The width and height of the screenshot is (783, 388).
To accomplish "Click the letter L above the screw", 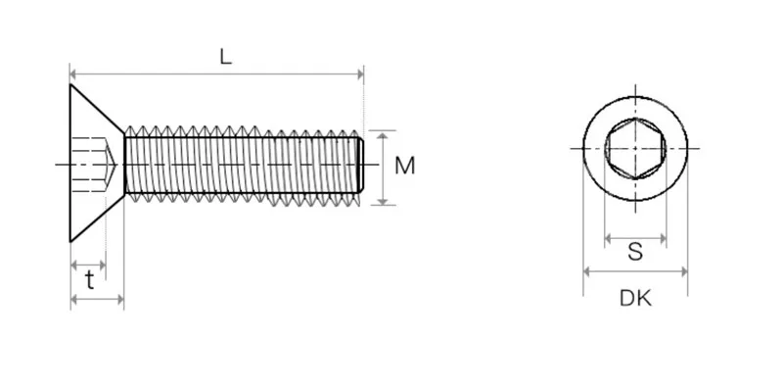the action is (226, 57).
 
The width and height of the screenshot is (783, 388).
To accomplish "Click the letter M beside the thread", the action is (404, 166).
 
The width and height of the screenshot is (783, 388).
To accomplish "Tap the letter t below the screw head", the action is (89, 280).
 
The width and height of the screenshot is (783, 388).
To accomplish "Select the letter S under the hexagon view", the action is (635, 252).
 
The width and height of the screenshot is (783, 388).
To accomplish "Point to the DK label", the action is (635, 299).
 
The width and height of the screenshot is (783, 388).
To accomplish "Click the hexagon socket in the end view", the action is (635, 149).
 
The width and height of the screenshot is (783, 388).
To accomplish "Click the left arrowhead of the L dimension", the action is (72, 74).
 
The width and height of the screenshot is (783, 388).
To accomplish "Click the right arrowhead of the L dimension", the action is (360, 74).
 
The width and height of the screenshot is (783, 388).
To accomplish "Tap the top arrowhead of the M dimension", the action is (383, 135).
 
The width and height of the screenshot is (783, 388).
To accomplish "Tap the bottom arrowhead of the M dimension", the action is (383, 202).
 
